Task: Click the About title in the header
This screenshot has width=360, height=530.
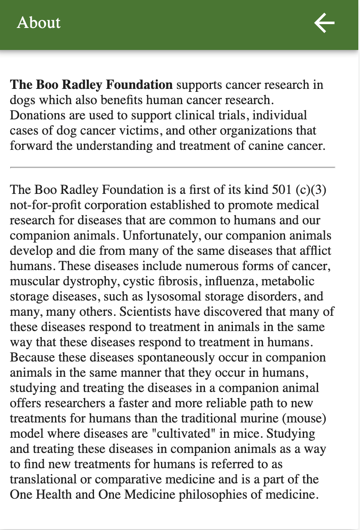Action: tap(39, 23)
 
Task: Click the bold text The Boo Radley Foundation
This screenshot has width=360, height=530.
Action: tap(91, 85)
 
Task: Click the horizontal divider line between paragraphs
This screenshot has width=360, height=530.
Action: tap(172, 168)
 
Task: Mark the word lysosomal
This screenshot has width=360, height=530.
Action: tap(174, 296)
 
